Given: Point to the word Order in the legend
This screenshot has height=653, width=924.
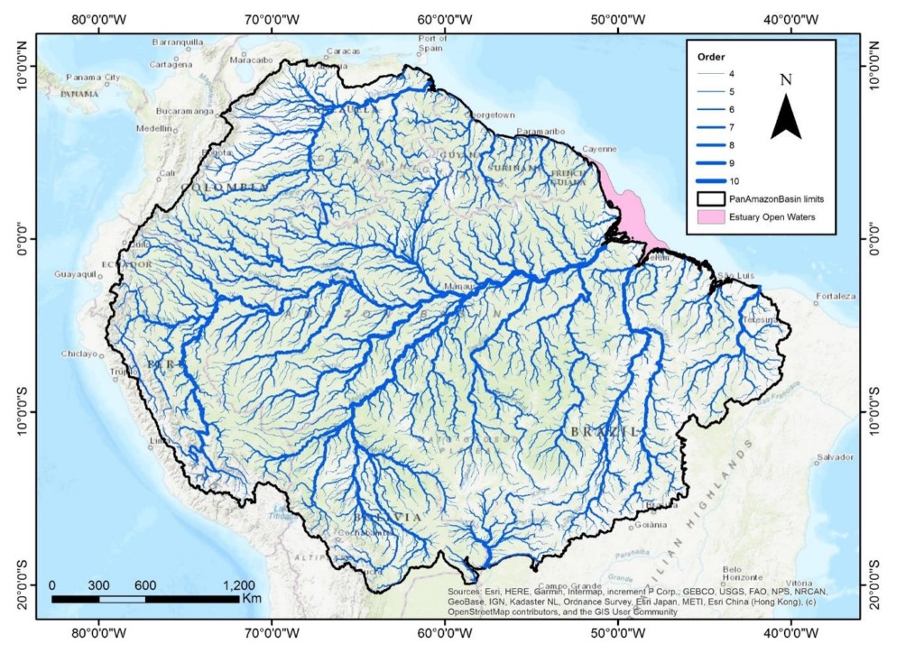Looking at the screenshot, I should coord(711,56).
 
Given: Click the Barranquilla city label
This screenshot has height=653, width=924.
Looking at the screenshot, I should coord(180,42).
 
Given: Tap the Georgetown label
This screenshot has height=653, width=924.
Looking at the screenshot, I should coord(489,115).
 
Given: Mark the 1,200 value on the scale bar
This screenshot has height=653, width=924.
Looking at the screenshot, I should coord(238,584).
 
